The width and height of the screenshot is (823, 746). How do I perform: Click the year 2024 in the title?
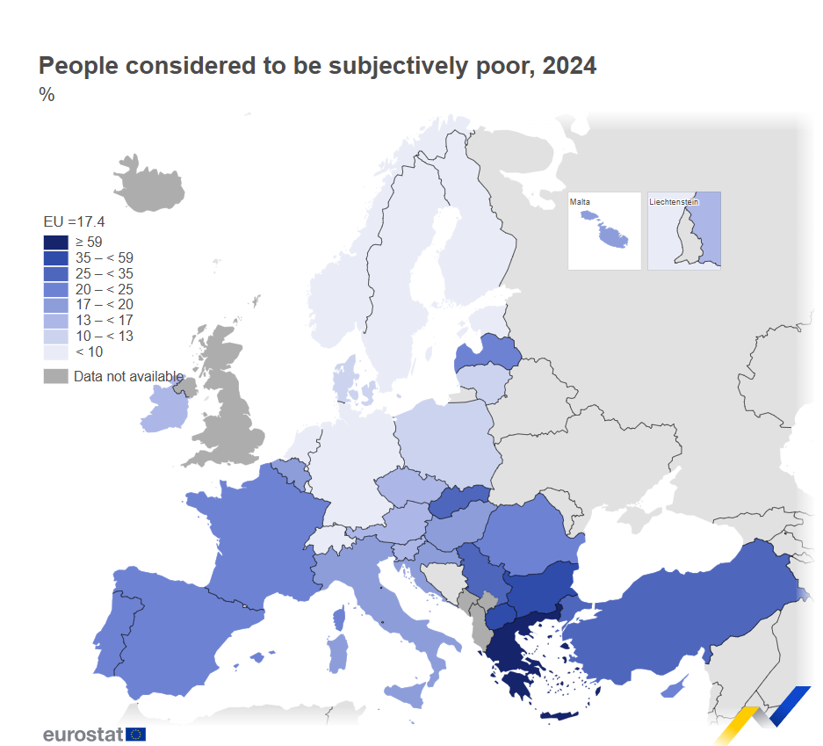point(569,66)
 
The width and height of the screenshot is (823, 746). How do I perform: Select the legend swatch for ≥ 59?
point(55,242)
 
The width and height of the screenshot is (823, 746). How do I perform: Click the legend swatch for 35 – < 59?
point(55,257)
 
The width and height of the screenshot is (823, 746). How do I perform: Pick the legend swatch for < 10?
point(55,351)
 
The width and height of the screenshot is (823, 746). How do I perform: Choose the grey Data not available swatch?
point(55,376)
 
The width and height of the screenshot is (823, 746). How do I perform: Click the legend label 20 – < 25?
point(104,289)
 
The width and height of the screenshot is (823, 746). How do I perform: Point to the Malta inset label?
point(580,202)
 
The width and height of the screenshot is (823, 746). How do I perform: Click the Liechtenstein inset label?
point(674,202)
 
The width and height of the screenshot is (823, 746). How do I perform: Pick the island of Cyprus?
point(675,687)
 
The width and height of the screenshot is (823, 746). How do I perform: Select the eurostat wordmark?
point(83,734)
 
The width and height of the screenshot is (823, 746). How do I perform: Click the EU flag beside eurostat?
point(135,734)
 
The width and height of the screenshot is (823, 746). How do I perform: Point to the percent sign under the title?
point(47,95)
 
